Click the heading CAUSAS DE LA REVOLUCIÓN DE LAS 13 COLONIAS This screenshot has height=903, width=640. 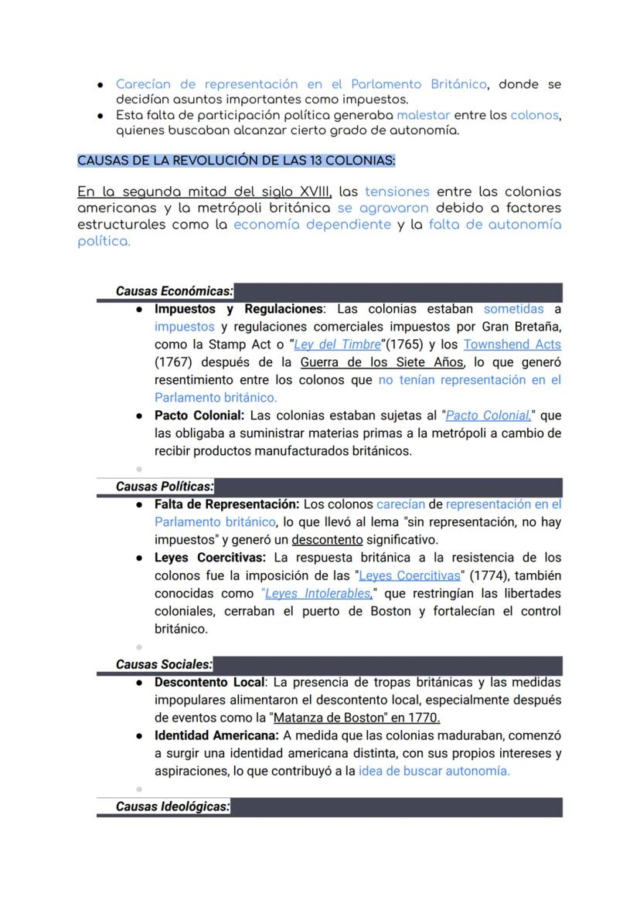tap(236, 161)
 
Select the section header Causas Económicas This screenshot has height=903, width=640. tap(174, 291)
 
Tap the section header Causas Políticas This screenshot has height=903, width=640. tap(164, 487)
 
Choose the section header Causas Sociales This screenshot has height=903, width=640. tap(164, 664)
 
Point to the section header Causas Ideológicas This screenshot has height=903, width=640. tap(172, 806)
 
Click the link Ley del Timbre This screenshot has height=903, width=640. tap(338, 345)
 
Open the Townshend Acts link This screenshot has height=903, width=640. tap(512, 345)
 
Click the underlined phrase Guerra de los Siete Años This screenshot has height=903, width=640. tap(382, 362)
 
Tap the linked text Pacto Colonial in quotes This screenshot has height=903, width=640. tap(488, 416)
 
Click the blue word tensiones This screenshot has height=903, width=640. tap(397, 192)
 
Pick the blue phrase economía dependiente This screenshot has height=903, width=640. tap(311, 225)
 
